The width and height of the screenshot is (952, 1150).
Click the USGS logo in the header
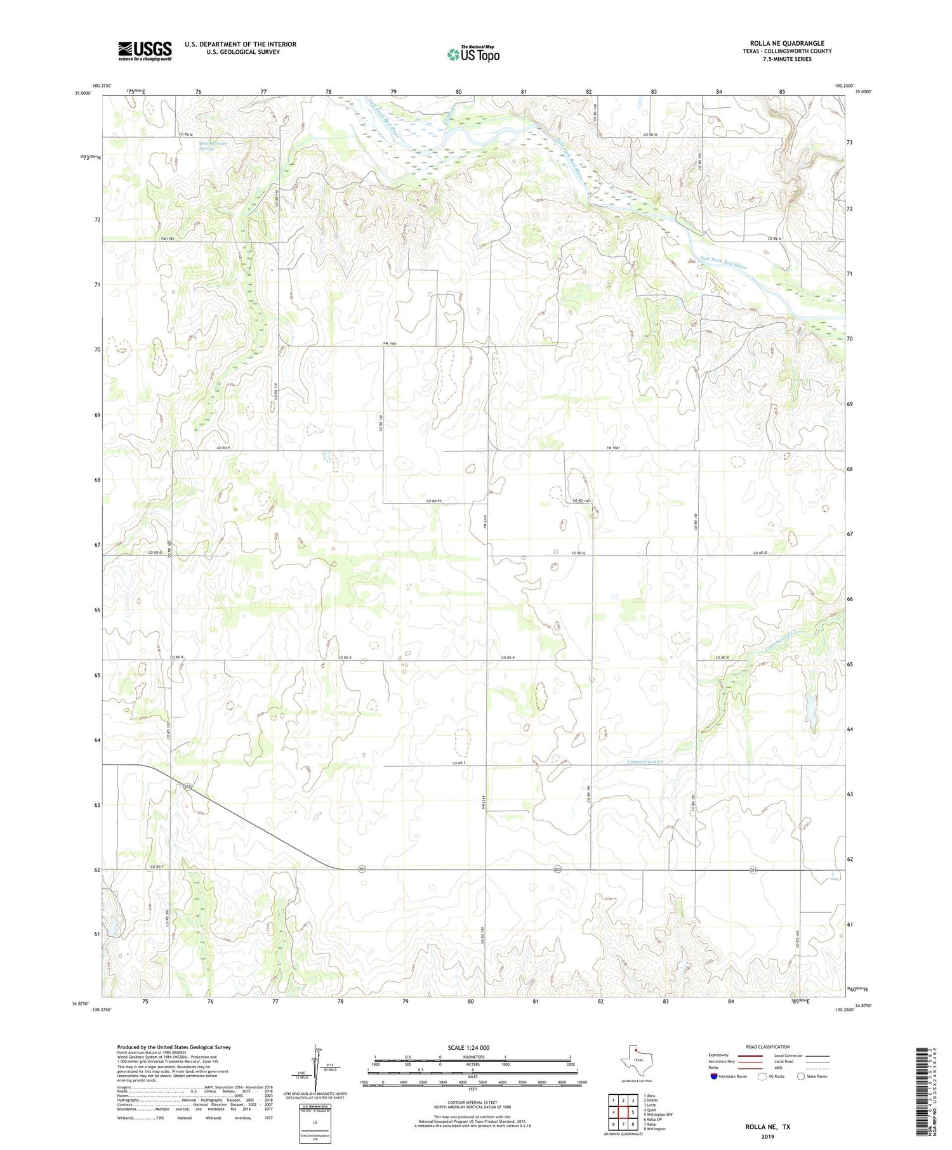(x=145, y=51)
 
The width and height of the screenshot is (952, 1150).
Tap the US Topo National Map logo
(x=473, y=55)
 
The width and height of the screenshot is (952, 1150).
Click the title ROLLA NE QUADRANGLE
(x=786, y=43)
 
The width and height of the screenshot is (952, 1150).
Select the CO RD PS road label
(x=433, y=501)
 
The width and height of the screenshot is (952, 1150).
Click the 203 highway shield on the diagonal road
(x=187, y=787)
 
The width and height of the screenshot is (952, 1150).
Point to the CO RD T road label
(x=157, y=866)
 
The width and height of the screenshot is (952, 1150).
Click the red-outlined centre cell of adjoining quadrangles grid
(x=623, y=1112)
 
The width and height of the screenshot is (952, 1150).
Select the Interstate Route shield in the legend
(x=714, y=1076)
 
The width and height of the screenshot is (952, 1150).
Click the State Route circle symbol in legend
(x=801, y=1076)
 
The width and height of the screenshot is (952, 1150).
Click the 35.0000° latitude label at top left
(x=83, y=93)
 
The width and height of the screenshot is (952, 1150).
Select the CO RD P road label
(x=222, y=448)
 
